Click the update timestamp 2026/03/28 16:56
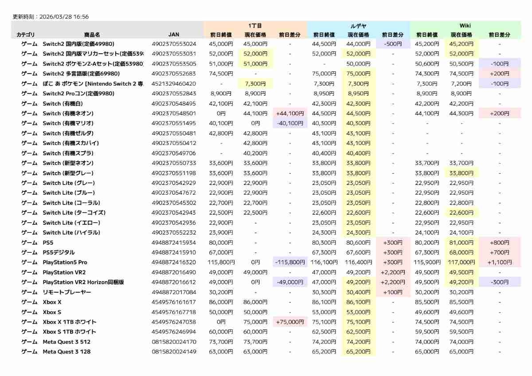point(64,17)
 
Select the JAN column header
point(174,35)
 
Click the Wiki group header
point(465,26)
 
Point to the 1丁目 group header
point(255,26)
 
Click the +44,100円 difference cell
point(290,114)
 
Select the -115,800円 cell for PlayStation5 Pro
point(290,262)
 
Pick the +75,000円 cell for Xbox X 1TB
point(290,322)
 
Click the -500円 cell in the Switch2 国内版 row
point(393,44)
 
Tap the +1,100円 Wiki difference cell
point(500,262)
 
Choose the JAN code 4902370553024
point(174,44)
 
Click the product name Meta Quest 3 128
point(66,352)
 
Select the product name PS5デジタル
point(59,252)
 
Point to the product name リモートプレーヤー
point(66,292)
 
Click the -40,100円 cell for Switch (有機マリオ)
point(290,123)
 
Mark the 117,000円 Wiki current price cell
point(462,262)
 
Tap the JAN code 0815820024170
point(174,342)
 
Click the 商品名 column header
point(92,35)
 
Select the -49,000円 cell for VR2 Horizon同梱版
point(290,282)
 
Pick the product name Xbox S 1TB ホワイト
point(69,332)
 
